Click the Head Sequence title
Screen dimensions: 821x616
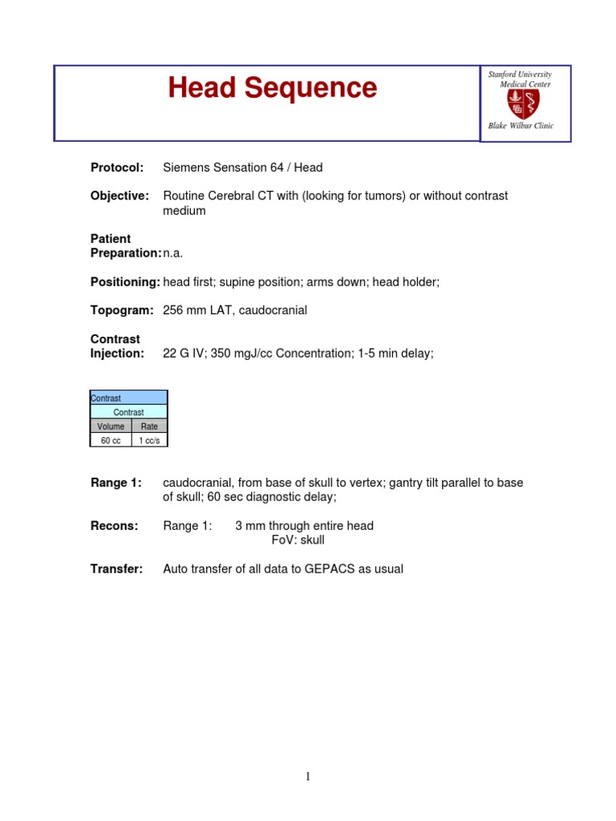tap(272, 88)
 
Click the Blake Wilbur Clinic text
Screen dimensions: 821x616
tap(521, 126)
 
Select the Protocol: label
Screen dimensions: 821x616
tap(117, 168)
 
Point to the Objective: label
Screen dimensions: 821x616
tap(120, 196)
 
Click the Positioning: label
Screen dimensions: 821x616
tap(125, 282)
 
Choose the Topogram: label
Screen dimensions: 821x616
tap(121, 310)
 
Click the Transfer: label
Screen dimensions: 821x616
tap(116, 569)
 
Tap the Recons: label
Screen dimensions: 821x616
tap(114, 526)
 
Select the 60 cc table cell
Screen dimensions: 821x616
tap(111, 441)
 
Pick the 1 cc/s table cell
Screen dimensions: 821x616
tap(149, 441)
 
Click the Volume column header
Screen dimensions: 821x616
tap(111, 427)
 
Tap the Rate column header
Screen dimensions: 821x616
tap(149, 427)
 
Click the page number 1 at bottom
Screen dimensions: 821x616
tap(307, 776)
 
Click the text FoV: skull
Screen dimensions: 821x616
tap(298, 540)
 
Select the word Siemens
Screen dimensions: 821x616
tap(187, 168)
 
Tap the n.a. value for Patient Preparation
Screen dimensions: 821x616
tap(173, 253)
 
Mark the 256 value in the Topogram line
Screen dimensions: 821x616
tap(173, 310)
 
